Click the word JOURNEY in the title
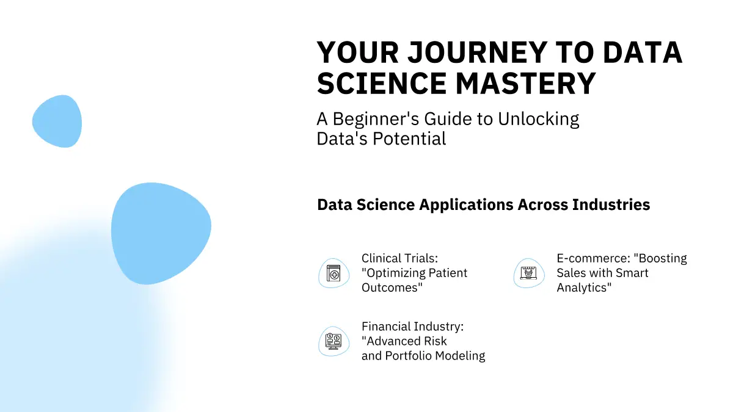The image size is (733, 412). (x=477, y=52)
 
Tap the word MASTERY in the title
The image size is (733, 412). (x=525, y=83)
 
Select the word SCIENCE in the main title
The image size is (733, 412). (x=382, y=83)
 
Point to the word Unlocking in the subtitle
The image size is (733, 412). (x=539, y=120)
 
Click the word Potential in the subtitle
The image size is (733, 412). (x=409, y=139)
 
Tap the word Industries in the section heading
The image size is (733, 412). (x=611, y=204)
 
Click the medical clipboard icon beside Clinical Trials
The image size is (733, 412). (x=334, y=273)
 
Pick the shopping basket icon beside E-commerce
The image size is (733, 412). (x=529, y=273)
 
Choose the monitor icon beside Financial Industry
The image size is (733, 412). (x=334, y=341)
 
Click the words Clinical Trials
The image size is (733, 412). (x=399, y=258)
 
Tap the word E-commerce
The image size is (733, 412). (x=594, y=258)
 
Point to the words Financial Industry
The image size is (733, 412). (x=413, y=327)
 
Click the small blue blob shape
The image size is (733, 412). (x=57, y=121)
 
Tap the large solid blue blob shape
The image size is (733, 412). (x=161, y=233)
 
